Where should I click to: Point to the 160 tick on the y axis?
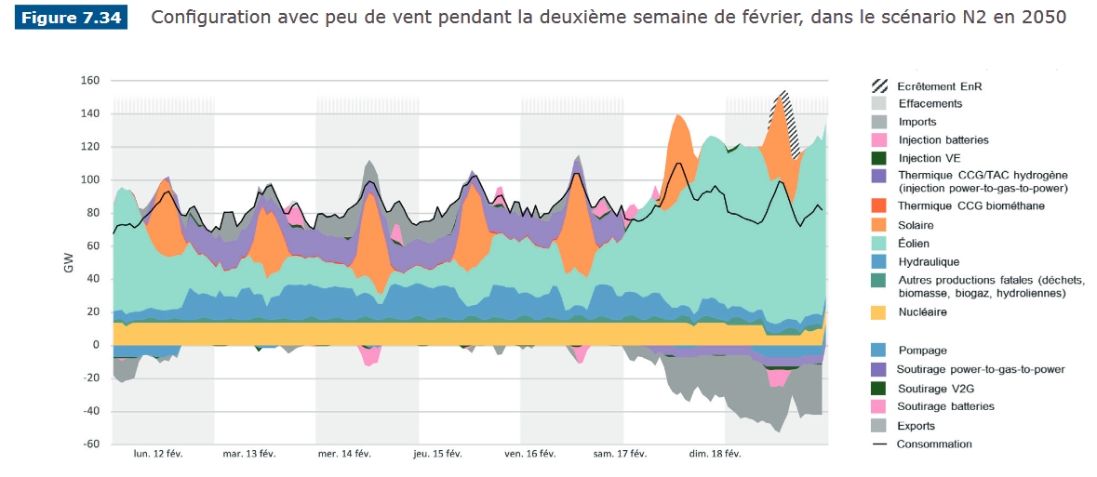(89, 81)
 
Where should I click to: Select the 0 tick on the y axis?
(95, 345)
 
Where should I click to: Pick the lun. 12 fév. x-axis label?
(158, 455)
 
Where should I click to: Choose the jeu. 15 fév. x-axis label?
(437, 455)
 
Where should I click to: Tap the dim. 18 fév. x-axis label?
(716, 455)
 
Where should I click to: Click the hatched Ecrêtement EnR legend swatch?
(879, 85)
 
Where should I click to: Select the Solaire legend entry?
(916, 225)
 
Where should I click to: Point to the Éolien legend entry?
(915, 244)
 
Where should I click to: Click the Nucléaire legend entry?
(922, 312)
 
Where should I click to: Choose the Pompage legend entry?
(922, 351)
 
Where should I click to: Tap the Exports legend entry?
(917, 425)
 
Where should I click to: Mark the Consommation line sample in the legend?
(879, 444)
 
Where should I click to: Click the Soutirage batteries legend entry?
(945, 406)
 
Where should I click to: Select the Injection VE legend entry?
(926, 158)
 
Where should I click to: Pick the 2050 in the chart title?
(1041, 18)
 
